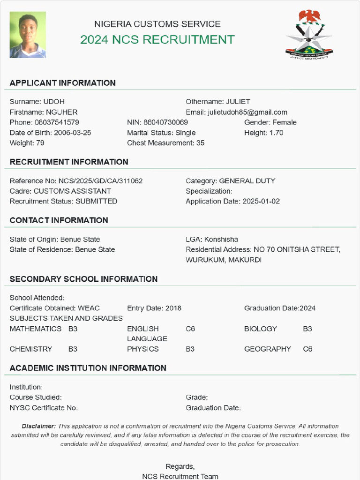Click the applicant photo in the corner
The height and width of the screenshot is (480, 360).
28,35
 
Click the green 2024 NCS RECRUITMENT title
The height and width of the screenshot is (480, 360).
157,40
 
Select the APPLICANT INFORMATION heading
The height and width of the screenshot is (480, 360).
62,83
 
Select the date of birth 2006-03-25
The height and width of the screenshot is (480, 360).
73,133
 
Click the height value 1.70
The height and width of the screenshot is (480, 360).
276,133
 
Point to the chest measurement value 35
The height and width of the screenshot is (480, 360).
200,143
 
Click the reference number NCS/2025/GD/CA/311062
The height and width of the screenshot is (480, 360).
100,181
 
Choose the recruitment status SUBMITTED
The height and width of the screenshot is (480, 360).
97,202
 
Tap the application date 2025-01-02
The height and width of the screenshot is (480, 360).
261,202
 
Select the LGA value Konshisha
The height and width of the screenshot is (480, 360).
221,240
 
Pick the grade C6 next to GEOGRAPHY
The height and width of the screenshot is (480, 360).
307,349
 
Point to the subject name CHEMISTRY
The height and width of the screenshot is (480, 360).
31,349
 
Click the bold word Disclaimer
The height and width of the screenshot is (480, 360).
38,426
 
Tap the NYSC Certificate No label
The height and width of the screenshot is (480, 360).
44,408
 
